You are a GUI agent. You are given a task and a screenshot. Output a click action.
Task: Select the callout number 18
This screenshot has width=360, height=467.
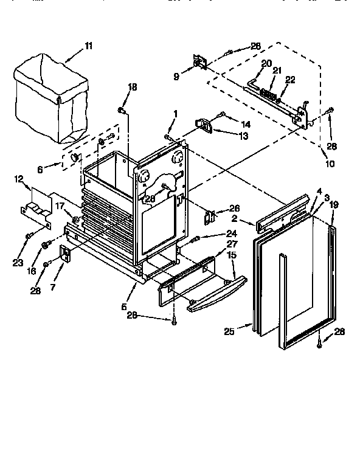coord(133,89)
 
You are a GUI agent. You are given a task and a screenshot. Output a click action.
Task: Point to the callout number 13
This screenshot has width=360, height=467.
coord(226,136)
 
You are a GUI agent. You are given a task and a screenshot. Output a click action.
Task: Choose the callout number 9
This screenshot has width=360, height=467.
coord(176,77)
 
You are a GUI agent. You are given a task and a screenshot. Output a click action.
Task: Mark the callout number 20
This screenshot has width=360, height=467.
coord(266,64)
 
